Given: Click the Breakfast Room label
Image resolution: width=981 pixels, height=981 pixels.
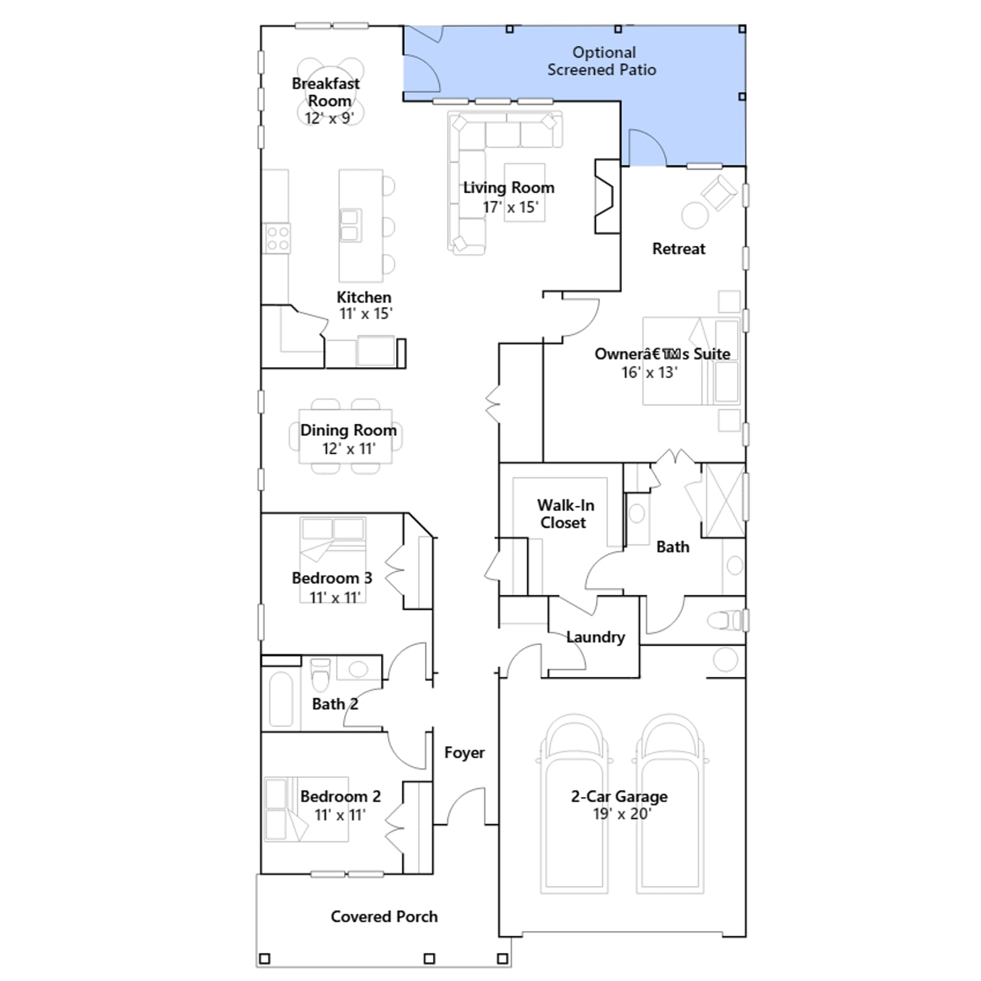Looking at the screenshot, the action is (x=326, y=92).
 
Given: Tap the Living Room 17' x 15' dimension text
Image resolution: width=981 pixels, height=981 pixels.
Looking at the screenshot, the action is (x=510, y=207).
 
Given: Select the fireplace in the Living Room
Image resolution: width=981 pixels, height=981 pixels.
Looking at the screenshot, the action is (x=607, y=196).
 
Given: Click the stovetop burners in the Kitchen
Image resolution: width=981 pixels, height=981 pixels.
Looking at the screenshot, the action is (x=277, y=239).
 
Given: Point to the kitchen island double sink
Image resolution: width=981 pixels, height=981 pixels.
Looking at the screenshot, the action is (x=350, y=226).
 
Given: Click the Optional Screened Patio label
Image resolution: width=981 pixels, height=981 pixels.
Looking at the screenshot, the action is (x=602, y=61).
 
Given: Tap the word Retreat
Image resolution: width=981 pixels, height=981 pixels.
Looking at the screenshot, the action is (x=679, y=249).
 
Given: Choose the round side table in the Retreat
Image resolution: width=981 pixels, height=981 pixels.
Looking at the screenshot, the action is (x=695, y=216).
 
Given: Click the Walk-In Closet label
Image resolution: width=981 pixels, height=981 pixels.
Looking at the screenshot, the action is (x=565, y=514).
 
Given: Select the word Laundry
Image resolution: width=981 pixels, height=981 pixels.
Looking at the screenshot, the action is (x=595, y=638).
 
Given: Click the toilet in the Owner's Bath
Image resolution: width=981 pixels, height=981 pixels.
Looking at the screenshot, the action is (x=727, y=620).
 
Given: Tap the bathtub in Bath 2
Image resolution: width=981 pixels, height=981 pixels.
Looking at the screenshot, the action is (x=281, y=700).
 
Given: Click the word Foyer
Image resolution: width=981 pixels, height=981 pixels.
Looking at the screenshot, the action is (x=464, y=753).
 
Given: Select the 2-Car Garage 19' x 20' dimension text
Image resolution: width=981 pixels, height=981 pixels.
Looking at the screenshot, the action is (x=622, y=814).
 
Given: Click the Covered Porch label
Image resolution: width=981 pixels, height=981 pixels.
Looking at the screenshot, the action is (x=384, y=917).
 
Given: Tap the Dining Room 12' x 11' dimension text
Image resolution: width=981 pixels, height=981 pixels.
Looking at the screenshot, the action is (x=349, y=449).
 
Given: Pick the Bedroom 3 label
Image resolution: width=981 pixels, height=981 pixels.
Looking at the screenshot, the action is (x=332, y=578).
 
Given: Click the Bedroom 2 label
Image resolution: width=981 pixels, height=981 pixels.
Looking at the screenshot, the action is (x=340, y=796).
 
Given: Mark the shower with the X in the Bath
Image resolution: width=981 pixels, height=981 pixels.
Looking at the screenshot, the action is (x=723, y=501).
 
